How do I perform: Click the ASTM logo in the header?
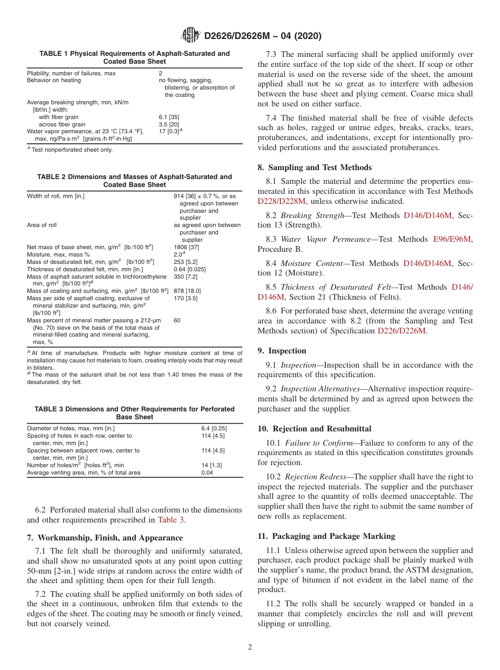click(190, 35)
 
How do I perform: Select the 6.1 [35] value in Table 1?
click(169, 117)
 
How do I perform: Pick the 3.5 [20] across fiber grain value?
click(169, 124)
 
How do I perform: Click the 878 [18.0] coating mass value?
click(187, 290)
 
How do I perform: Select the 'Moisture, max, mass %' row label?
click(58, 254)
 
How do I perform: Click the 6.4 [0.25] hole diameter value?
click(214, 428)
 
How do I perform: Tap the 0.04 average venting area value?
click(207, 472)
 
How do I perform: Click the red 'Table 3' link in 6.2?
click(171, 520)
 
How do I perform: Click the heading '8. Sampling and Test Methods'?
click(314, 168)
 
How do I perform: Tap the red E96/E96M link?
click(453, 239)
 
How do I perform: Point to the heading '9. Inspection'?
click(282, 351)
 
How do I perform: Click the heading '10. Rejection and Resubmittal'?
click(314, 429)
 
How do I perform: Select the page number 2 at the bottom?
click(250, 647)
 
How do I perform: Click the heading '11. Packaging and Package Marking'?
click(326, 536)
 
